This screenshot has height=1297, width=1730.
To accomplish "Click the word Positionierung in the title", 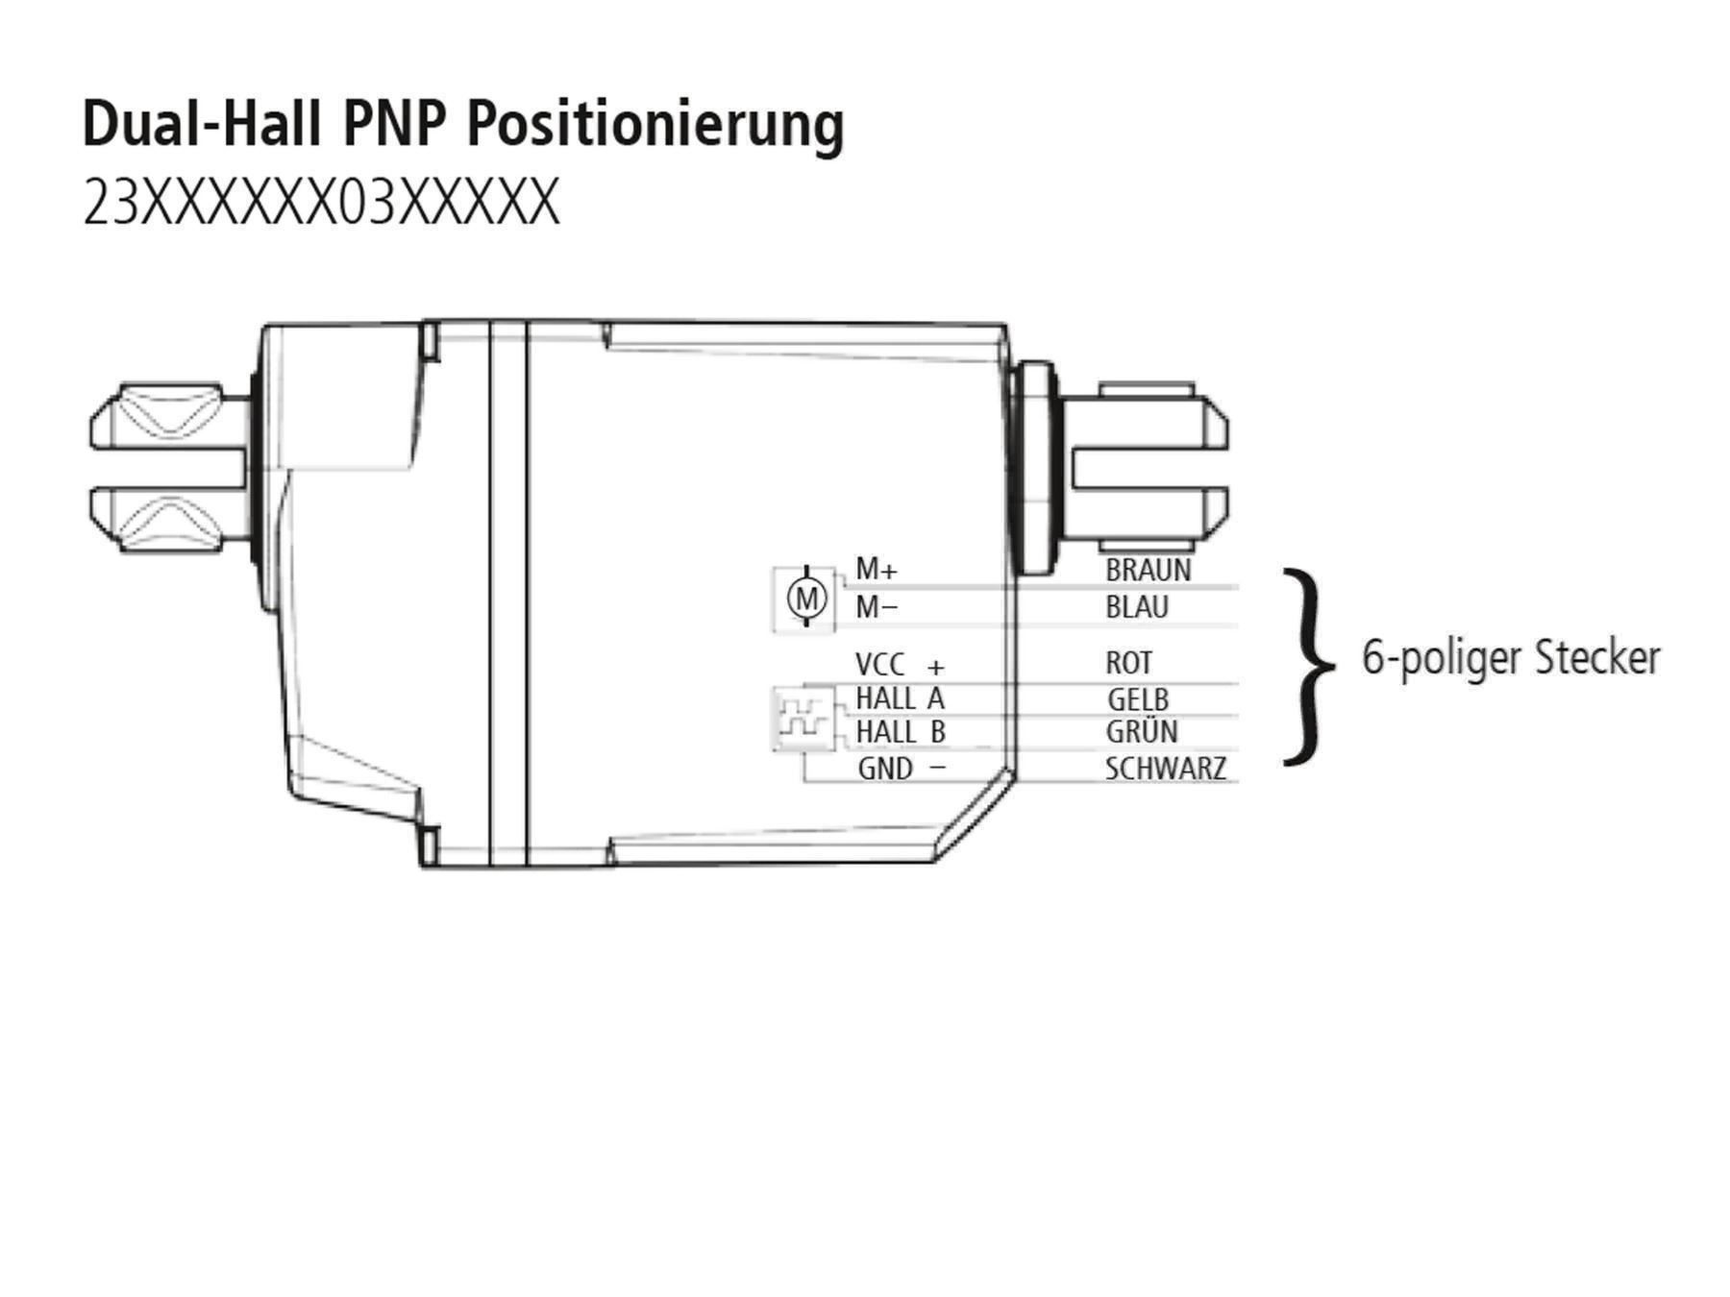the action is (655, 126).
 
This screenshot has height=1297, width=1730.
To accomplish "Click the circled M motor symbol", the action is (806, 599).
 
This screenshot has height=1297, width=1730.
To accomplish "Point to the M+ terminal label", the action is (877, 570).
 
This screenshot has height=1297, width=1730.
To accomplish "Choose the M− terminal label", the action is (877, 607).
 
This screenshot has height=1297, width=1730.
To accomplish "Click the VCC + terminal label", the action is (900, 664).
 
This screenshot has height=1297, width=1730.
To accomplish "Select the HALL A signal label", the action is (900, 698).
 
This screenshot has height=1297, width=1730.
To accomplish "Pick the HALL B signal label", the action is (900, 732).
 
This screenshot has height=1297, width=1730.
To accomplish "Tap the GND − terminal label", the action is (902, 769).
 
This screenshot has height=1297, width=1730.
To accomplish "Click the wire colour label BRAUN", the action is (1148, 570).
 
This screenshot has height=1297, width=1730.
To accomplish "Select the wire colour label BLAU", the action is (1137, 607).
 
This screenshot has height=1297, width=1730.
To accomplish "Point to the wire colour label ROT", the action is (1128, 663).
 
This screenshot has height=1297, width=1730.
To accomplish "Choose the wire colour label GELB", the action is (1138, 699).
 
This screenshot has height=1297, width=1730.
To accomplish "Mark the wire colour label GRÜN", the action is (1142, 731).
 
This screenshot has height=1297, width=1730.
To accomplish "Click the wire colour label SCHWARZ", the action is (1166, 769).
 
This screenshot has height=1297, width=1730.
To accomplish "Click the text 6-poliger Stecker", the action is (1511, 659).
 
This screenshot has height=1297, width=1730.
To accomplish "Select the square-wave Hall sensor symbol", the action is (803, 718).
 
